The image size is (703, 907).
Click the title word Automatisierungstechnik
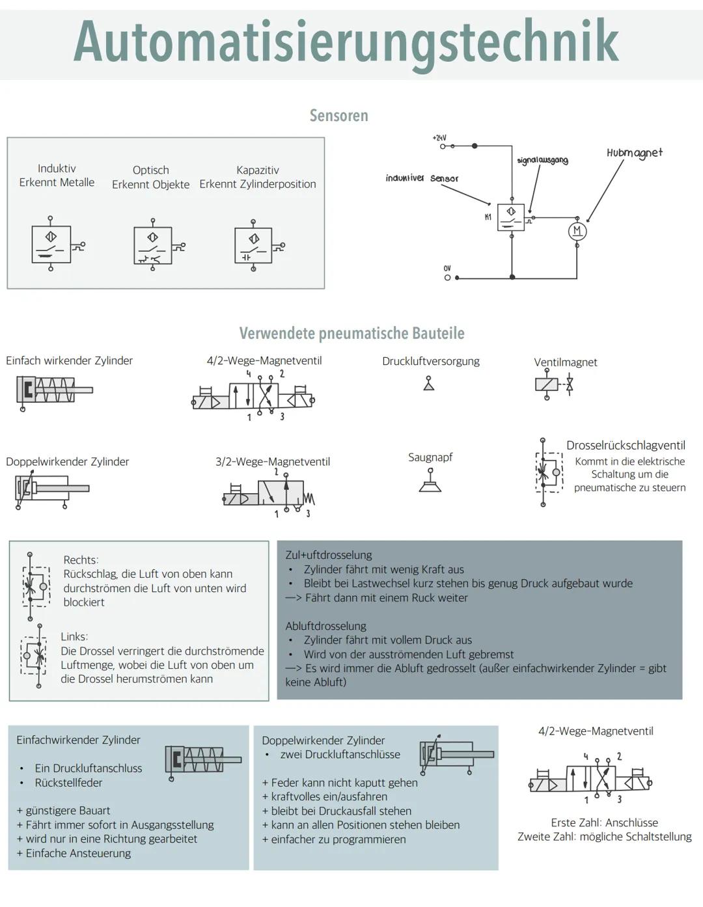coord(346,42)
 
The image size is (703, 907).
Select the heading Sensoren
coord(338,116)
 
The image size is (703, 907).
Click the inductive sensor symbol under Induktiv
coord(52,244)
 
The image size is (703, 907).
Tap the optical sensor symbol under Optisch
coord(154,245)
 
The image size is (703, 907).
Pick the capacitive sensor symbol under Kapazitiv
coord(255,245)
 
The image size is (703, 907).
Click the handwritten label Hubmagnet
coord(634,153)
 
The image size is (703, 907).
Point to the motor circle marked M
coord(577,231)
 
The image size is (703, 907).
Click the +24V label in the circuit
coord(439,138)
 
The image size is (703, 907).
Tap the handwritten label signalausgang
coord(542,160)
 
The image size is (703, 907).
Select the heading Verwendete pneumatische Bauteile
coord(351,333)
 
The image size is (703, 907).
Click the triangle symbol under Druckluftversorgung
coord(428,385)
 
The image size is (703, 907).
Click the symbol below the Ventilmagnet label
coord(553,385)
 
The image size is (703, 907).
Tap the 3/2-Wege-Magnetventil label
coord(273,461)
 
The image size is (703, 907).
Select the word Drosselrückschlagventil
coord(625,445)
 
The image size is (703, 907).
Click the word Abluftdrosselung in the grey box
coord(325,626)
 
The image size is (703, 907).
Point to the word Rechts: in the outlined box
coord(81,560)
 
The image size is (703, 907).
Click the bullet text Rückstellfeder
coord(68,783)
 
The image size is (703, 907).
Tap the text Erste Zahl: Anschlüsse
coord(604,822)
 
